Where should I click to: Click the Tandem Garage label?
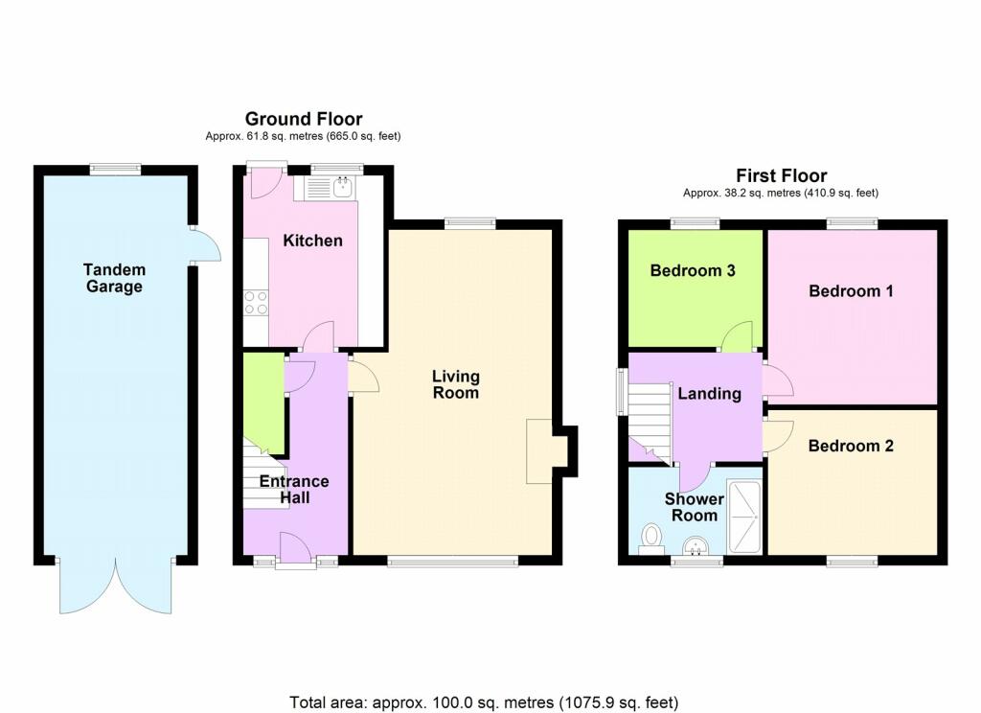[x=115, y=278]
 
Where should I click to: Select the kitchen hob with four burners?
[x=255, y=303]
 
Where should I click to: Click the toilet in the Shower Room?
[x=651, y=540]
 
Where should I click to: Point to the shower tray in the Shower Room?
[x=743, y=517]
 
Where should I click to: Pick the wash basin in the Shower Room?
[x=695, y=546]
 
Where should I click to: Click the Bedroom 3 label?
[x=693, y=270]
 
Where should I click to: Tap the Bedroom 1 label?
[x=851, y=290]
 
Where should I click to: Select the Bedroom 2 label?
[x=851, y=446]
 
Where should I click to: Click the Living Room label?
[x=456, y=384]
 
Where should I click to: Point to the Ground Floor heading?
[x=304, y=119]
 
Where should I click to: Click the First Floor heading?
[x=782, y=175]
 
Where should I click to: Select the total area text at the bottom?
[x=484, y=702]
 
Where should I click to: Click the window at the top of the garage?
[x=115, y=169]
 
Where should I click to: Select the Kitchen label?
[x=313, y=241]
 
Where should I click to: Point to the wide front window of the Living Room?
[x=453, y=562]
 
